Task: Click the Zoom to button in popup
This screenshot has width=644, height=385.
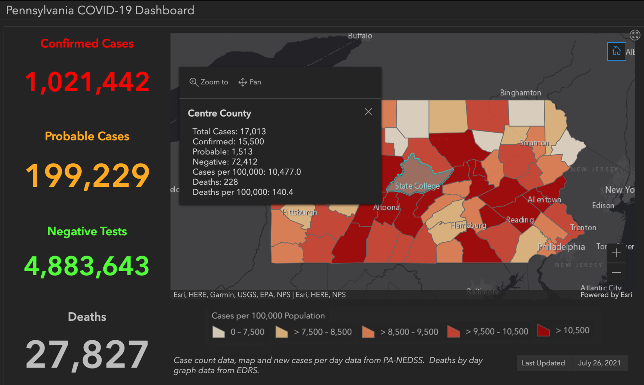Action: click(x=209, y=82)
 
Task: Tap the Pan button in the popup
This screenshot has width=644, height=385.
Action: click(x=250, y=82)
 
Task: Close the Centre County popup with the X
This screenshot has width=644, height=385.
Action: click(x=368, y=112)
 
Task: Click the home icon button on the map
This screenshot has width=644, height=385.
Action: click(x=616, y=51)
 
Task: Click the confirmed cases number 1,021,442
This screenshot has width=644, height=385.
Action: click(x=87, y=82)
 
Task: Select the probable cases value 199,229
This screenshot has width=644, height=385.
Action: click(x=87, y=175)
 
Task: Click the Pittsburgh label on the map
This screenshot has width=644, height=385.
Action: click(x=299, y=212)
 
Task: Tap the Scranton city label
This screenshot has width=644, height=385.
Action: click(x=534, y=143)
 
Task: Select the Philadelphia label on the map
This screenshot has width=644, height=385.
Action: click(x=561, y=247)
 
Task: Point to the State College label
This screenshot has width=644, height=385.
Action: click(x=417, y=186)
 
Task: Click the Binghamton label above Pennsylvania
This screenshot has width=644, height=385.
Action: click(x=520, y=93)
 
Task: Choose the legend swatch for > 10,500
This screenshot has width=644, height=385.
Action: click(x=543, y=330)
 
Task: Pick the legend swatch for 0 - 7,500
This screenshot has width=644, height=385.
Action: click(x=218, y=332)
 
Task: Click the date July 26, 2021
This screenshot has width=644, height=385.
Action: click(x=599, y=363)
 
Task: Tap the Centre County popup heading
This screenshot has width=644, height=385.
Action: click(x=220, y=113)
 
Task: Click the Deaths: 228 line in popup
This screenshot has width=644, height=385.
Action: click(x=215, y=182)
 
